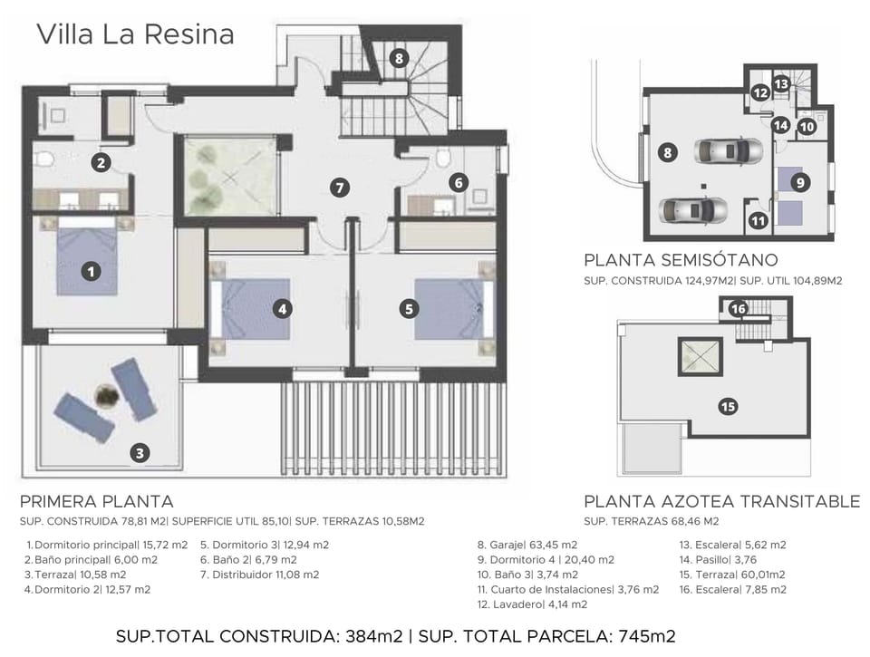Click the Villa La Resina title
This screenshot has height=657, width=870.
(x=135, y=34)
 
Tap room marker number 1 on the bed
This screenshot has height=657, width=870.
(x=91, y=270)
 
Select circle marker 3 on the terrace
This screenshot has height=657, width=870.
(x=139, y=453)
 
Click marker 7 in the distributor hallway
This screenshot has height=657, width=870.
(x=340, y=188)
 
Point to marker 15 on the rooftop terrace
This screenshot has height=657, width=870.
(x=728, y=406)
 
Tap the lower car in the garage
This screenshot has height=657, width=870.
(x=694, y=210)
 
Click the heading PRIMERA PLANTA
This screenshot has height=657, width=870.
(x=96, y=501)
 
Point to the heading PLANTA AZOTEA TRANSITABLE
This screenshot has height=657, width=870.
(x=721, y=501)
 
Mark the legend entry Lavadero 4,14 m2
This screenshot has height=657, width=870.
(x=532, y=604)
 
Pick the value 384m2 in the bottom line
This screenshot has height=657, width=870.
(x=373, y=636)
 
